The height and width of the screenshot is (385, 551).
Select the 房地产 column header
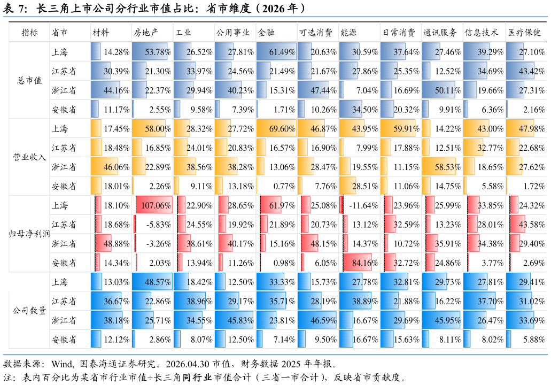coord(146,33)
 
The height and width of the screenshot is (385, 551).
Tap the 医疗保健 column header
coord(524,33)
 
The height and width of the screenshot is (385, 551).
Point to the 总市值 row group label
coord(29,81)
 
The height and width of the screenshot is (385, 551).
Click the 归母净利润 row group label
coord(29,234)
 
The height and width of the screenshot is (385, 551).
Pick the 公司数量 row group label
coord(29,311)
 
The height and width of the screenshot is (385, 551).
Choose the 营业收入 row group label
coord(29,157)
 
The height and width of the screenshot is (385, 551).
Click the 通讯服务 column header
coord(440,33)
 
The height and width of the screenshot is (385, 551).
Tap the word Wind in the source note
coord(62,364)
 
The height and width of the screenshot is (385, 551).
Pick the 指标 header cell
coord(29,33)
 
